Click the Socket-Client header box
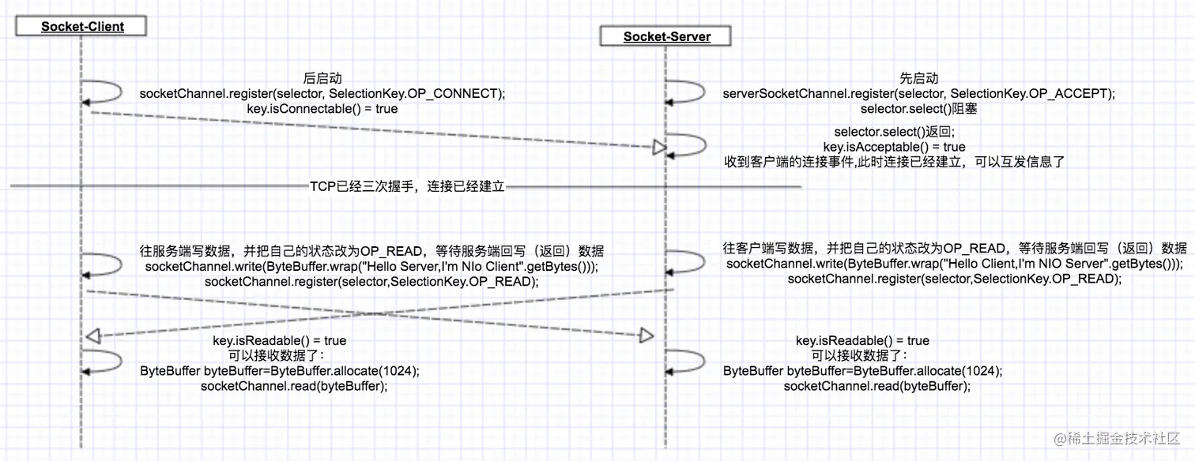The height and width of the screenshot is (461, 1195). (82, 26)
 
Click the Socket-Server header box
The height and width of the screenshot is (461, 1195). (666, 36)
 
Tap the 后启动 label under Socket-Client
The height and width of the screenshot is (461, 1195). (322, 78)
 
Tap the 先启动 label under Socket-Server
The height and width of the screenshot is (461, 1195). (919, 78)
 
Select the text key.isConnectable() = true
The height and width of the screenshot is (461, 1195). (322, 108)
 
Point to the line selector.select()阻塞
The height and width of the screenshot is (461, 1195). (918, 108)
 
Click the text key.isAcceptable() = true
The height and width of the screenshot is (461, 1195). (894, 147)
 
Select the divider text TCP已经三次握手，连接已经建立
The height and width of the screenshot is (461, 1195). (407, 187)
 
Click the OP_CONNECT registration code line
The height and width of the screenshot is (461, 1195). (322, 93)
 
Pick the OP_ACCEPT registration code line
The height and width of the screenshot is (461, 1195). (919, 93)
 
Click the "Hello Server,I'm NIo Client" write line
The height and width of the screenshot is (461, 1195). (371, 267)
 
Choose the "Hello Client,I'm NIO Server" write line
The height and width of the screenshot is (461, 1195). (955, 264)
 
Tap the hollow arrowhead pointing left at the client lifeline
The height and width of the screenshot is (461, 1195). (92, 336)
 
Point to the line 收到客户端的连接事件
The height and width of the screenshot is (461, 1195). (895, 162)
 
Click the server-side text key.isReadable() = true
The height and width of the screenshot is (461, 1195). (862, 340)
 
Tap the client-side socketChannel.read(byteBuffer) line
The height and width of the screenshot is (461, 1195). (294, 386)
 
